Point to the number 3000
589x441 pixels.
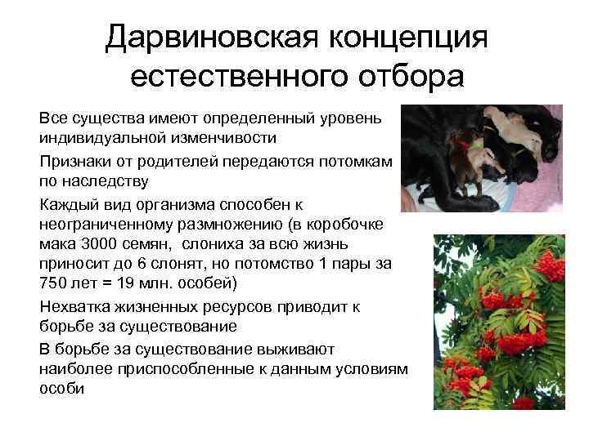(97, 243)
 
